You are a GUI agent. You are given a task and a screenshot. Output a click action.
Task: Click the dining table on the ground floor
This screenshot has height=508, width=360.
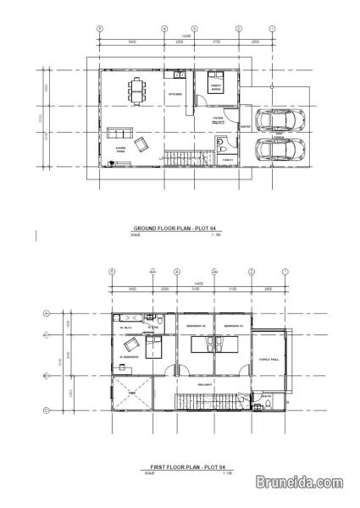[x=136, y=91]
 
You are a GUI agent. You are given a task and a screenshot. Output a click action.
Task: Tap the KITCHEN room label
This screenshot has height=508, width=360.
[x=175, y=94]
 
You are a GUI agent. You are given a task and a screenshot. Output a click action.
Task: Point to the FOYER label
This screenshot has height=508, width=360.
[x=218, y=119]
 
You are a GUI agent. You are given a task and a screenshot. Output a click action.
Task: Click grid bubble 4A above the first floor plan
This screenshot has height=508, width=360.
[x=152, y=272]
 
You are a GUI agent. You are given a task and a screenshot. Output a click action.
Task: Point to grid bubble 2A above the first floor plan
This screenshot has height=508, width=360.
[x=215, y=272]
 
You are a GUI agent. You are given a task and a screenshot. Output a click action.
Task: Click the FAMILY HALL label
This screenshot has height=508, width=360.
[x=269, y=359]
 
